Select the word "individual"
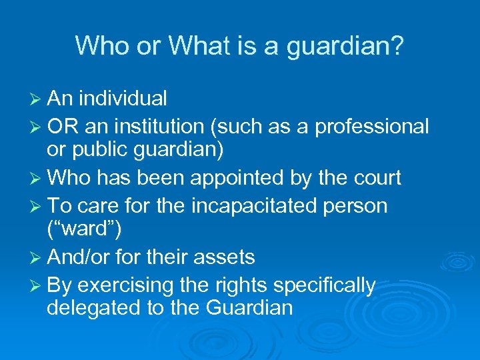123,99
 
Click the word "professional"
372,126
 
